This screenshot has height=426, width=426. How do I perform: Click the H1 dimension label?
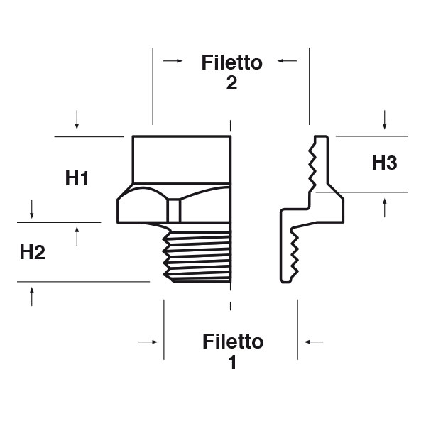77,178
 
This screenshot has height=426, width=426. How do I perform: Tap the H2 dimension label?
33,251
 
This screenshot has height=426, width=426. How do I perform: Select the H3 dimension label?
384,163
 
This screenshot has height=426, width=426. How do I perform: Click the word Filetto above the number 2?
231,62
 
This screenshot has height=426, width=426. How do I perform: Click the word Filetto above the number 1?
232,342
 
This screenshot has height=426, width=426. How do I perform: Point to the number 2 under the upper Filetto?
231,83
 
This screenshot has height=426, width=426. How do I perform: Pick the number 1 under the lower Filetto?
232,362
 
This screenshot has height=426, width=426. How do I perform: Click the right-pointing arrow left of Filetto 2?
172,62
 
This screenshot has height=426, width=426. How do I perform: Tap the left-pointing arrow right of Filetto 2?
287,62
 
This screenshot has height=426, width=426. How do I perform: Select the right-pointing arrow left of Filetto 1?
148,342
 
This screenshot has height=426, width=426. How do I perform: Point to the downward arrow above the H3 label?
384,120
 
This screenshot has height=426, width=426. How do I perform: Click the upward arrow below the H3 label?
384,207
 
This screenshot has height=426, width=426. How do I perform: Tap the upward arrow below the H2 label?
32,296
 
